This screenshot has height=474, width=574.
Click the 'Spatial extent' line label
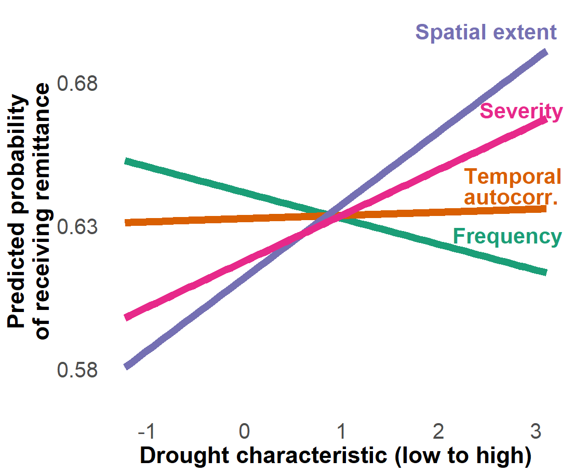(x=486, y=32)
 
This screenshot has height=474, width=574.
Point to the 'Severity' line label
(x=521, y=111)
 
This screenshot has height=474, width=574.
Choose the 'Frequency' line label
(x=508, y=236)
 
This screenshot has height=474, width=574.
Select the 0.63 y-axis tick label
(x=77, y=227)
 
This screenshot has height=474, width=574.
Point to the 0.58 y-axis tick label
(x=77, y=370)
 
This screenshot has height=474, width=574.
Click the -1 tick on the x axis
(x=149, y=431)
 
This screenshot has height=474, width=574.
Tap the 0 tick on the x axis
(x=245, y=431)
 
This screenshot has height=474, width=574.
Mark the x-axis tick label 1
(x=341, y=431)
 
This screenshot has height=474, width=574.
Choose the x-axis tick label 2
(x=438, y=431)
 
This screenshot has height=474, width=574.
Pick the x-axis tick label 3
(x=535, y=431)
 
